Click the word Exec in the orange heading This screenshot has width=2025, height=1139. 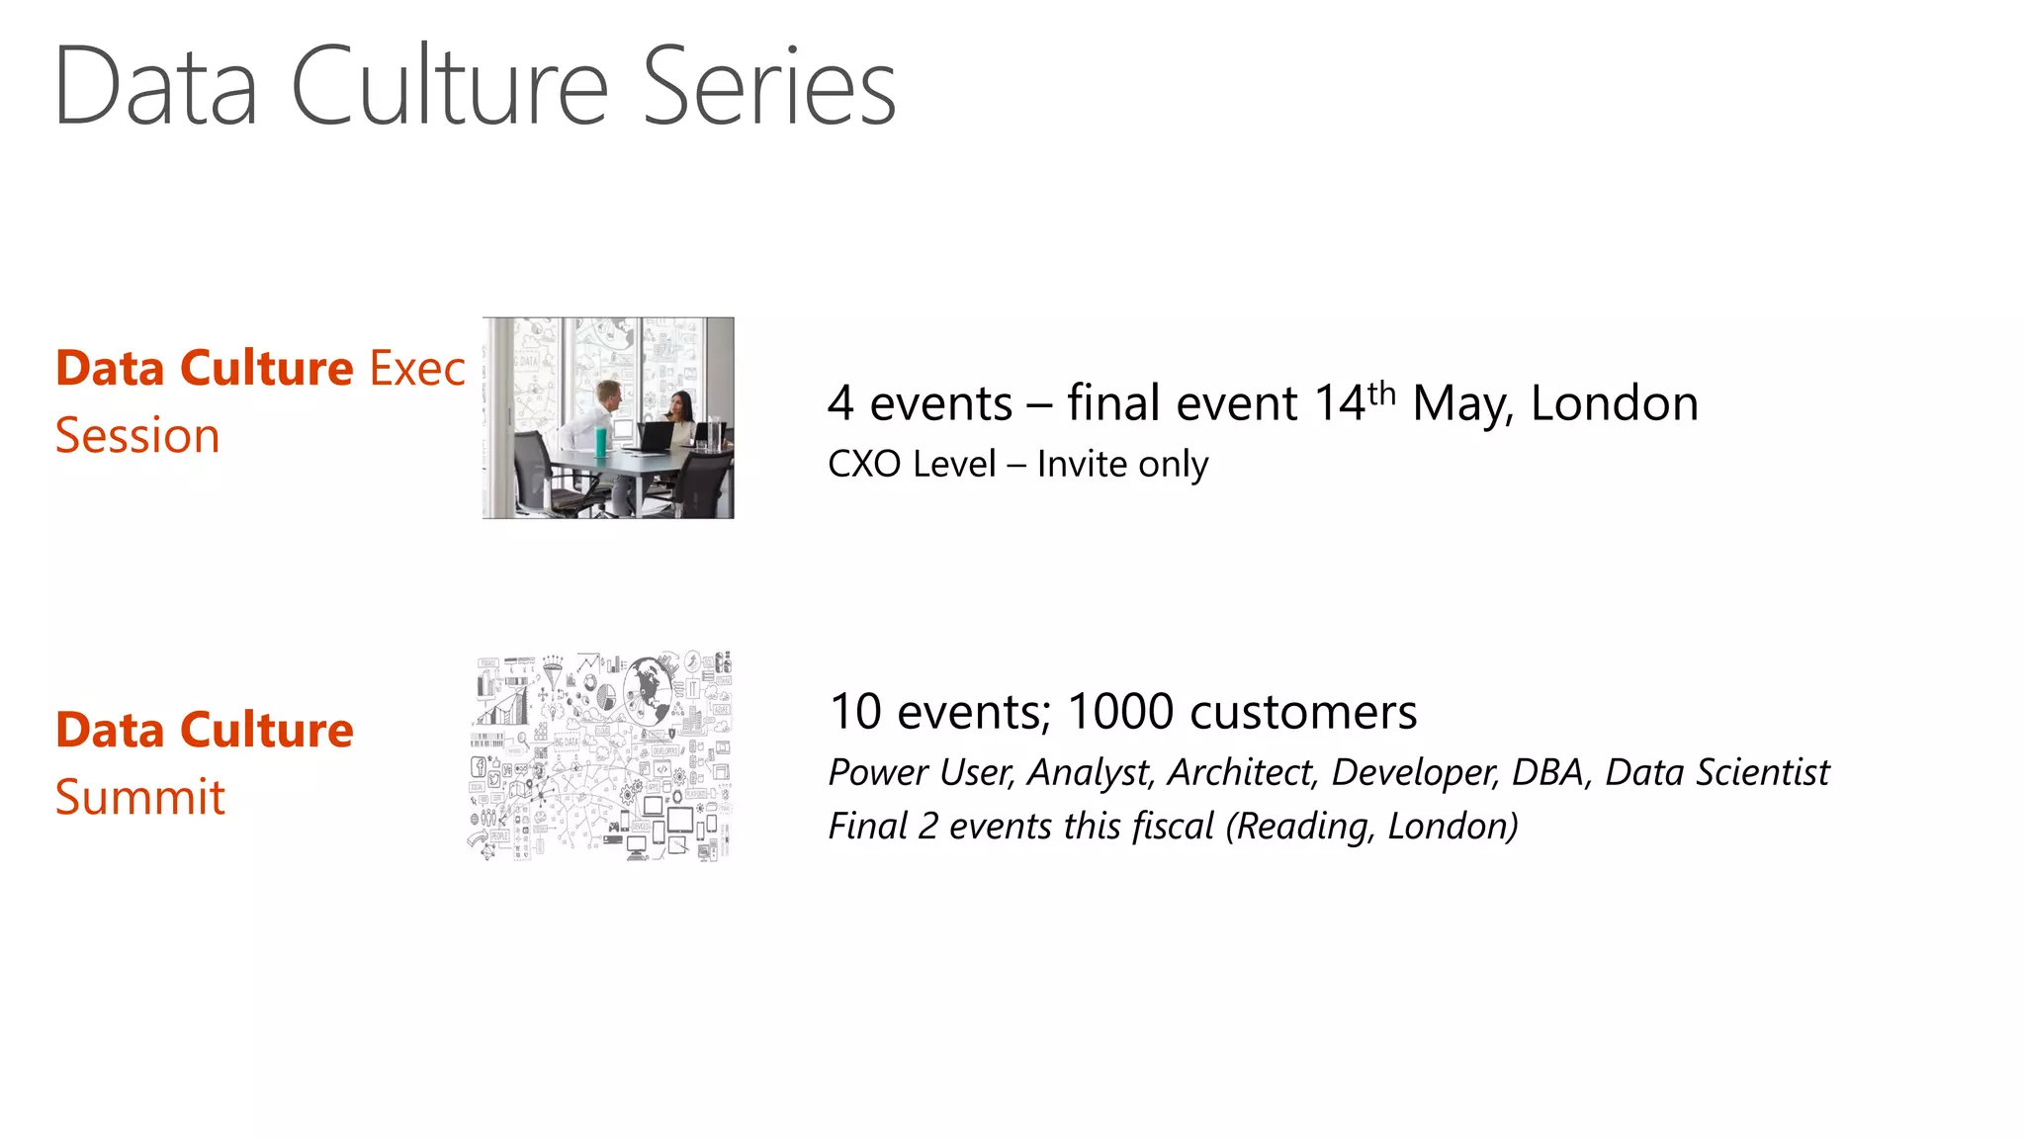pyautogui.click(x=416, y=369)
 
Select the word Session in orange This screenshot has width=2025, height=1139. pyautogui.click(x=137, y=436)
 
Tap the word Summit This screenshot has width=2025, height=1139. pyautogui.click(x=140, y=797)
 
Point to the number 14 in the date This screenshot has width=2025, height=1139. pyautogui.click(x=1340, y=404)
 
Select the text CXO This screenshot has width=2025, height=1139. pyautogui.click(x=863, y=464)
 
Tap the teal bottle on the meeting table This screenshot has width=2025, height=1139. pyautogui.click(x=600, y=441)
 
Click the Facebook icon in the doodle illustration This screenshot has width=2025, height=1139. pyautogui.click(x=478, y=766)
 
